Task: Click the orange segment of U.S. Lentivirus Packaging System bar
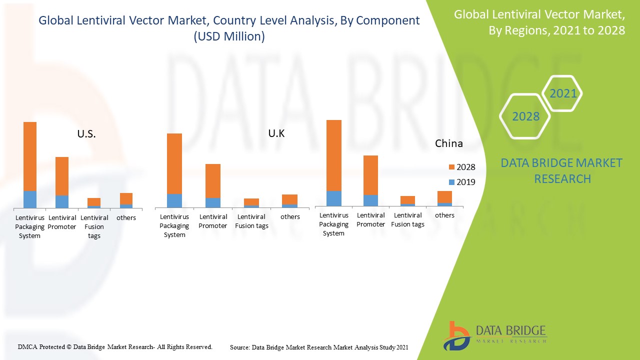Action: pyautogui.click(x=30, y=156)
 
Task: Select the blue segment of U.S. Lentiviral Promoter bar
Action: pyautogui.click(x=62, y=201)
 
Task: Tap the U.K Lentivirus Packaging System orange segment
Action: pyautogui.click(x=174, y=163)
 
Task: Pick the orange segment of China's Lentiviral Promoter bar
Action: pyautogui.click(x=370, y=175)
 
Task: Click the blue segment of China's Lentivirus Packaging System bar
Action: pyautogui.click(x=334, y=198)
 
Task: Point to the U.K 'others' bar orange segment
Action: pyautogui.click(x=289, y=199)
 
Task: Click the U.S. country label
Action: pyautogui.click(x=86, y=134)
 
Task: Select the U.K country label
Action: pyautogui.click(x=276, y=133)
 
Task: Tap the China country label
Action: pyautogui.click(x=448, y=143)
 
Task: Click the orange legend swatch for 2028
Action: pyautogui.click(x=451, y=167)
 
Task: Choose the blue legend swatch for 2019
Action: pyautogui.click(x=451, y=182)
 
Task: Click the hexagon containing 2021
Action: pyautogui.click(x=562, y=93)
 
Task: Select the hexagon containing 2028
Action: pyautogui.click(x=525, y=116)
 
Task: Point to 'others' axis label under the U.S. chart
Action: pyautogui.click(x=126, y=217)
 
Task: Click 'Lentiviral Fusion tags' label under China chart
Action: pyautogui.click(x=407, y=220)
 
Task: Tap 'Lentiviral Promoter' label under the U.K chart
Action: pyautogui.click(x=213, y=221)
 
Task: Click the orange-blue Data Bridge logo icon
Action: pyautogui.click(x=455, y=336)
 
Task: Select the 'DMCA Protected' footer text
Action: pyautogui.click(x=115, y=346)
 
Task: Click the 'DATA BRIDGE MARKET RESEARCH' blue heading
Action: pyautogui.click(x=562, y=170)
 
